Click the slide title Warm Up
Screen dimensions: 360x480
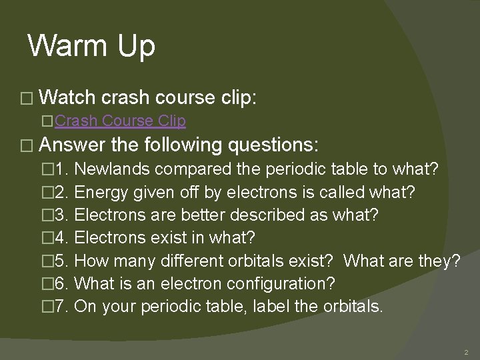coord(91,46)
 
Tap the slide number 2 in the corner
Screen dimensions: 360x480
coord(466,351)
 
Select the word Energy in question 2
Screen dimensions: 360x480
coord(99,193)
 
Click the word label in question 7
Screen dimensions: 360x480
coord(293,307)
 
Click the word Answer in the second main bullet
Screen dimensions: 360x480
coord(73,145)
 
